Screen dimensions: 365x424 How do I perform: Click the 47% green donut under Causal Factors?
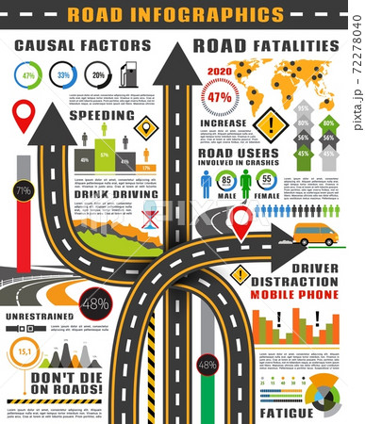[29, 75]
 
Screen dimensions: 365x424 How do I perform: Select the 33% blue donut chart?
[63, 75]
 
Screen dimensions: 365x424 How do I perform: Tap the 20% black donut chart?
[97, 75]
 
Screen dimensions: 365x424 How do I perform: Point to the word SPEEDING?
[102, 116]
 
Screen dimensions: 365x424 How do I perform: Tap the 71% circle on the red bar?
[23, 190]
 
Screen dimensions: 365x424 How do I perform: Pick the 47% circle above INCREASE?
[219, 95]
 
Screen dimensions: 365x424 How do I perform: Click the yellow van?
[314, 233]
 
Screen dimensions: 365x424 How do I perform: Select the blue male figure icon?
[207, 184]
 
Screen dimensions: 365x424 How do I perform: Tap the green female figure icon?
[246, 184]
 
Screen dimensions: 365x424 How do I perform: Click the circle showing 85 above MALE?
[226, 180]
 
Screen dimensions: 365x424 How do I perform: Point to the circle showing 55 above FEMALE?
[267, 180]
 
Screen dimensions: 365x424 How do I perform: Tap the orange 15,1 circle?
[25, 351]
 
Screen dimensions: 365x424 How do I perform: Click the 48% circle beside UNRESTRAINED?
[95, 303]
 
